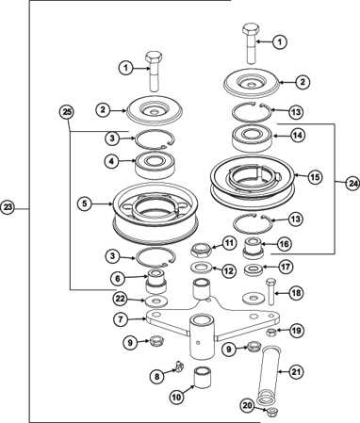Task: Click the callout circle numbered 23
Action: (8, 207)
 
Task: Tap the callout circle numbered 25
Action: (67, 112)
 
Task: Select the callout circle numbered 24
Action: (352, 183)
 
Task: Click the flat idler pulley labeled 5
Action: (155, 214)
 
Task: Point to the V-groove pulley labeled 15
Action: (253, 182)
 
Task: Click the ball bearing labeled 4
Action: (155, 165)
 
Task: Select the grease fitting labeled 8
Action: (180, 366)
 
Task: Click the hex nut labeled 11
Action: (202, 251)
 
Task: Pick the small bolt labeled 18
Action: (271, 291)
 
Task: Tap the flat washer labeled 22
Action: (156, 301)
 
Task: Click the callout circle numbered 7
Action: (122, 319)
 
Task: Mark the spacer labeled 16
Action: (254, 249)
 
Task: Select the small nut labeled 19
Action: (270, 332)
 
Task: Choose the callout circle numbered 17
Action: (286, 267)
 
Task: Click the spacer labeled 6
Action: (155, 282)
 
